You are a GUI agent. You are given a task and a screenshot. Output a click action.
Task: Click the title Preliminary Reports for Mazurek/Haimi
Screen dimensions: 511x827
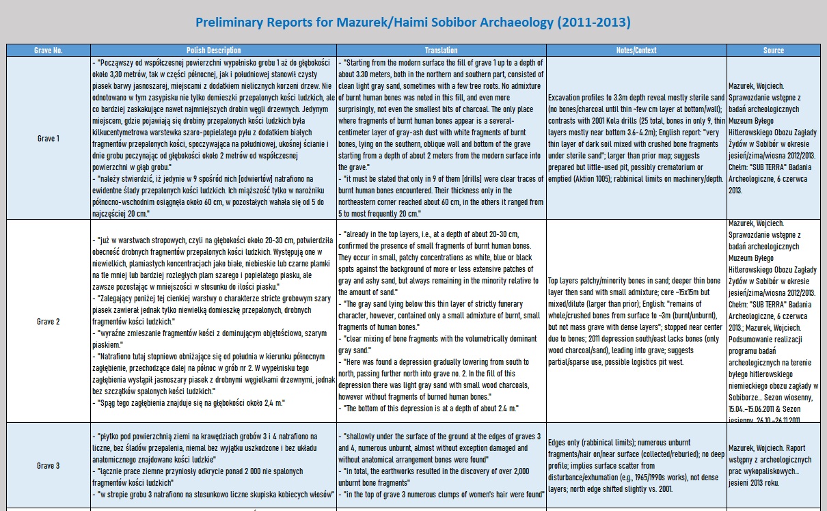click(x=413, y=23)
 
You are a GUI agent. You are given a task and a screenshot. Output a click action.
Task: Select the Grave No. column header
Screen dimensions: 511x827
click(x=48, y=51)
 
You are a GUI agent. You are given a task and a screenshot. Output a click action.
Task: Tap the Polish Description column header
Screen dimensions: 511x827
click(x=213, y=51)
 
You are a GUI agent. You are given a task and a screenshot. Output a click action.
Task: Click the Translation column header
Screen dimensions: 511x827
click(x=441, y=51)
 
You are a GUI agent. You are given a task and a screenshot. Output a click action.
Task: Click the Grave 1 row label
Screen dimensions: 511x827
click(x=48, y=138)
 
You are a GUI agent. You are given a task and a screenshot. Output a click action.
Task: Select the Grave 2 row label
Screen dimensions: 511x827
click(x=48, y=321)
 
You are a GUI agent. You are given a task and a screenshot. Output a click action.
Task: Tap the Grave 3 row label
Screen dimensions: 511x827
click(x=48, y=466)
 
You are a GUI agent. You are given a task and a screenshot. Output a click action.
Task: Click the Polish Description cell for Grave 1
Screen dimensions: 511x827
click(x=213, y=138)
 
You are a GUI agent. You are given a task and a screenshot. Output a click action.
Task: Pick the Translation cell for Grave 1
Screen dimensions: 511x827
click(x=441, y=138)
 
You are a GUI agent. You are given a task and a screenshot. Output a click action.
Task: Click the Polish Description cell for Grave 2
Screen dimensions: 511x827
click(x=213, y=321)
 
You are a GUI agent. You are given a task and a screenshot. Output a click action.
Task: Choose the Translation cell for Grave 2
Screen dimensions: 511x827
click(x=441, y=321)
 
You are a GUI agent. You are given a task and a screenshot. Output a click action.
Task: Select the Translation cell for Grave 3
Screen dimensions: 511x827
click(x=441, y=466)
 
